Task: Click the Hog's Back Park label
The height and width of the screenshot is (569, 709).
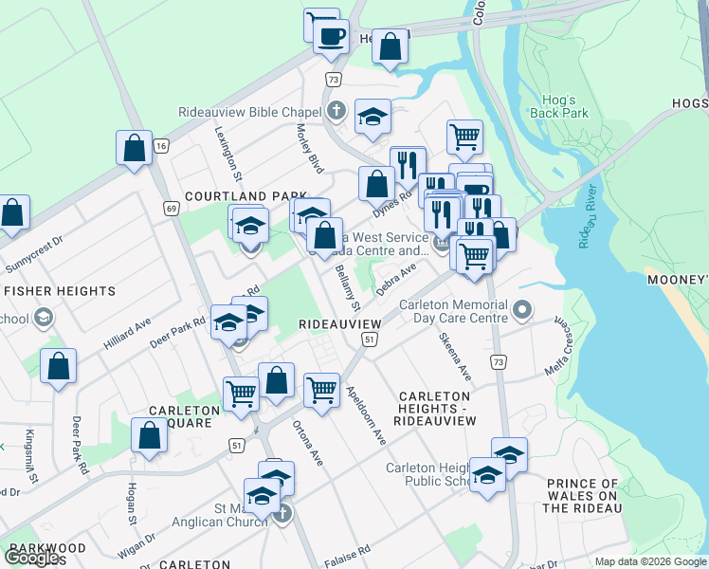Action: (566, 106)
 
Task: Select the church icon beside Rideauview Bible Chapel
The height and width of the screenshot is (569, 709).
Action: (335, 112)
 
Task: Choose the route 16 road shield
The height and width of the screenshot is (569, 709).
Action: (162, 145)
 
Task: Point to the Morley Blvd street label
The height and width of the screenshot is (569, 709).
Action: (310, 148)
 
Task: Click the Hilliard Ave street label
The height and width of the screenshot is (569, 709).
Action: (128, 338)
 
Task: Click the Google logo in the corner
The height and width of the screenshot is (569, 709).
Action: (33, 558)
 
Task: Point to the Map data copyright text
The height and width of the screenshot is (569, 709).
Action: (649, 561)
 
